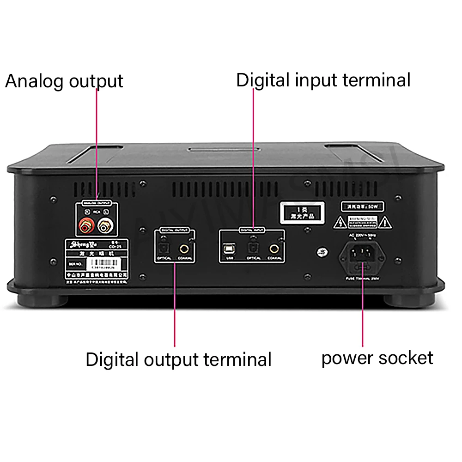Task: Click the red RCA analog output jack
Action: [85, 226]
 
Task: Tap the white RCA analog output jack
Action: [103, 226]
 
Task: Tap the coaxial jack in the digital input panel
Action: [274, 249]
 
